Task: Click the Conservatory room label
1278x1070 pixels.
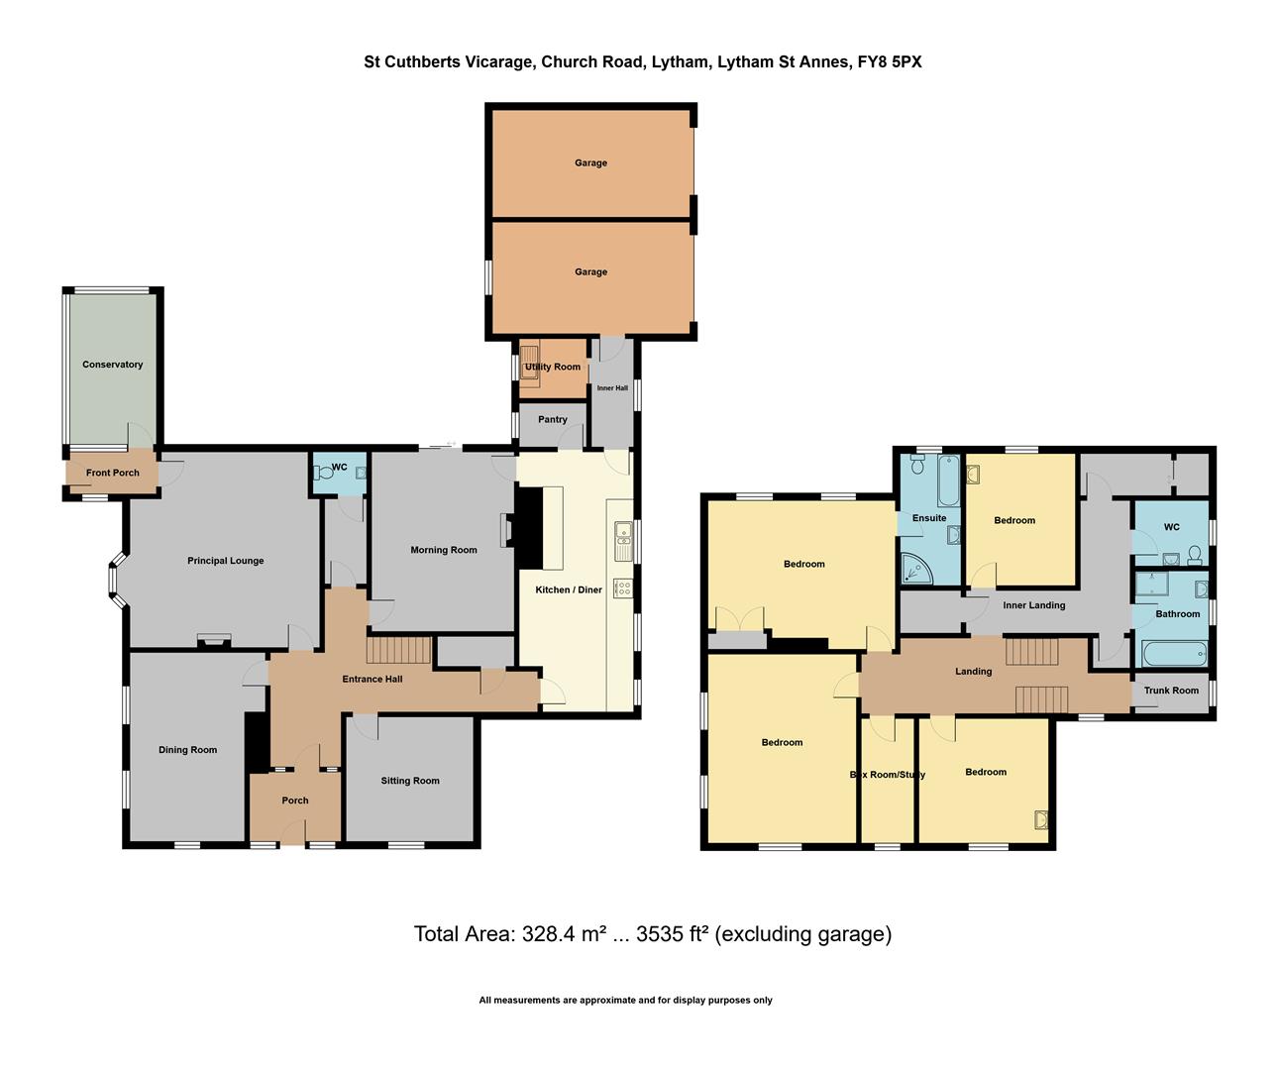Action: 112,365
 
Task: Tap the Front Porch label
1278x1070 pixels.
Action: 112,473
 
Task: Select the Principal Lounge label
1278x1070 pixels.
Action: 225,561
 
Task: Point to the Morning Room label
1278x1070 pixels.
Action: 443,550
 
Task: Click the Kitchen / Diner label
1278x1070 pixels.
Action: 569,589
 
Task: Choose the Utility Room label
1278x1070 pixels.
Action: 553,367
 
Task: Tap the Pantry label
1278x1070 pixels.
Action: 552,419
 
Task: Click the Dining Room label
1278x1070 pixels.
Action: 187,750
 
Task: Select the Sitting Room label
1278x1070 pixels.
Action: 409,781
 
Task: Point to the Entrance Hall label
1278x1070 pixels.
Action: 372,679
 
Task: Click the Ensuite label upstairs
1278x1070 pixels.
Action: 928,518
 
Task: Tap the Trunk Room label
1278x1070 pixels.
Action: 1170,691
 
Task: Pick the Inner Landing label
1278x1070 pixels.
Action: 1033,605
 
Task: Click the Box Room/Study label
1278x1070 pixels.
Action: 887,774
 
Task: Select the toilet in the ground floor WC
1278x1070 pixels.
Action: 324,474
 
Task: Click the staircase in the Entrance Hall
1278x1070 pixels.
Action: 399,650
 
